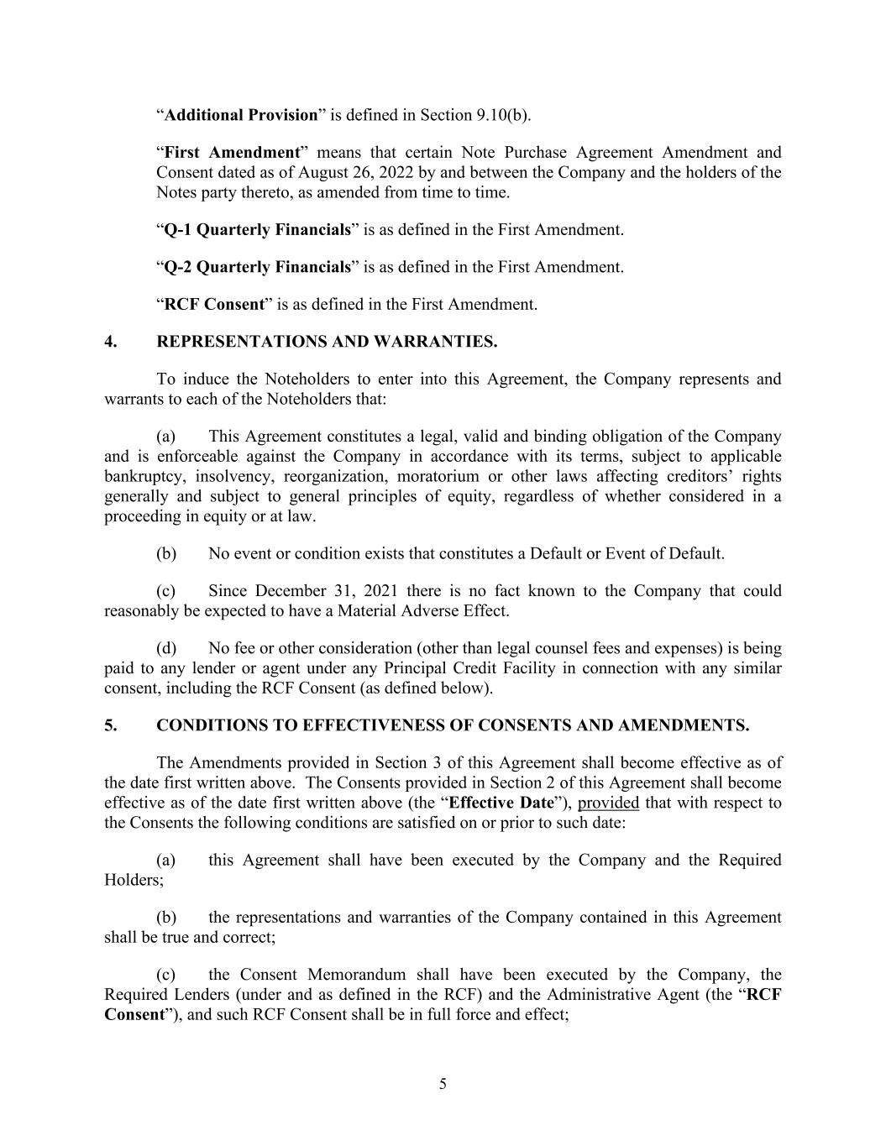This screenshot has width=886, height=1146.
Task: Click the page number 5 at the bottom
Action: pos(443,1084)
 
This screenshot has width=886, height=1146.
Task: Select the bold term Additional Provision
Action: pos(240,115)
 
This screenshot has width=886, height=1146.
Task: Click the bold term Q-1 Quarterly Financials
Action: pos(257,229)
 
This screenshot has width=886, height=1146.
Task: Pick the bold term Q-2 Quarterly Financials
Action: pos(257,267)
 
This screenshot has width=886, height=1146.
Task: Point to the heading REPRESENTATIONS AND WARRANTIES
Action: pos(327,342)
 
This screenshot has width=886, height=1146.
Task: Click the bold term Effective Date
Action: pos(501,803)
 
